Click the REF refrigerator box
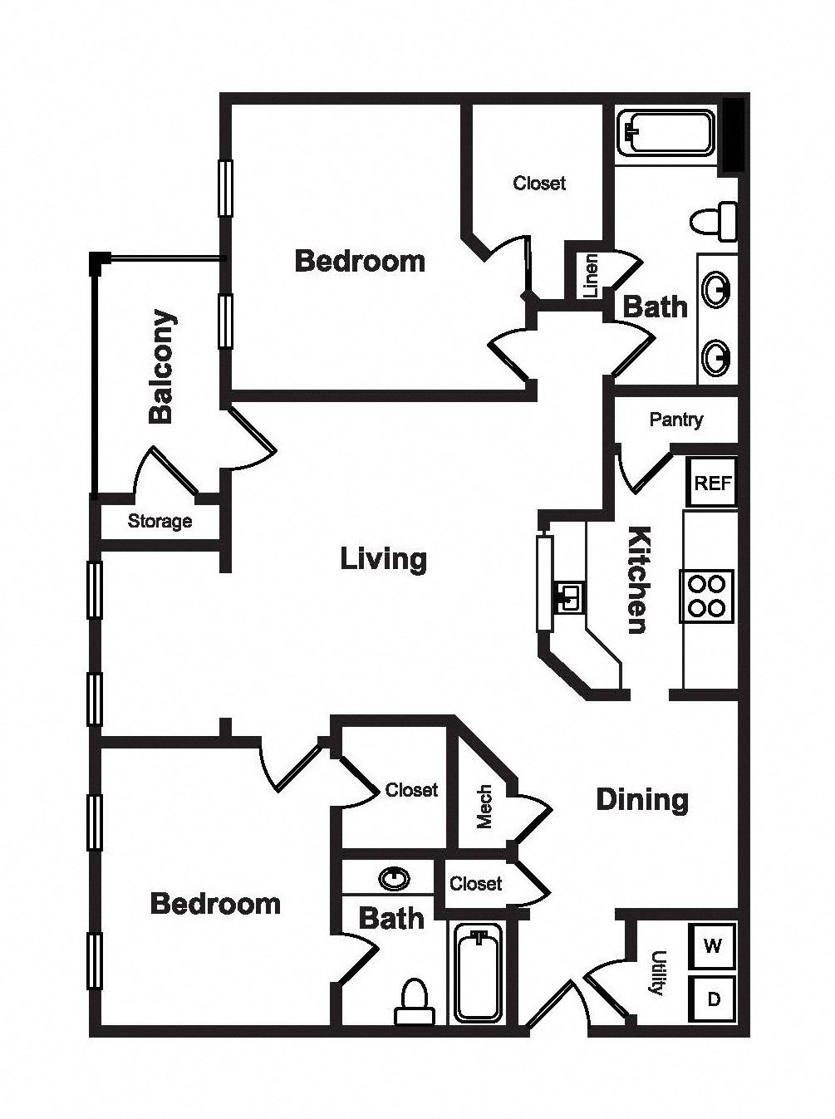pyautogui.click(x=712, y=482)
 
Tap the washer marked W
pyautogui.click(x=713, y=947)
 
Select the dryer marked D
pyautogui.click(x=713, y=999)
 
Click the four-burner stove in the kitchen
pyautogui.click(x=707, y=596)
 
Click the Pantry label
pyautogui.click(x=676, y=420)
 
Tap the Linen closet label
pyautogui.click(x=590, y=276)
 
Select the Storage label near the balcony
pyautogui.click(x=160, y=522)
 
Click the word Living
pyautogui.click(x=383, y=559)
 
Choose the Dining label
pyautogui.click(x=642, y=800)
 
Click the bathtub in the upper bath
pyautogui.click(x=665, y=134)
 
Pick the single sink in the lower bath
pyautogui.click(x=394, y=878)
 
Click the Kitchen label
pyautogui.click(x=638, y=580)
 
